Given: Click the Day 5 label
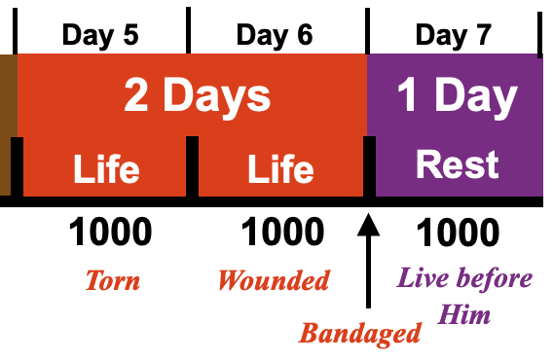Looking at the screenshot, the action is click(x=100, y=36).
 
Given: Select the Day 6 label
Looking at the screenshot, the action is click(x=275, y=36).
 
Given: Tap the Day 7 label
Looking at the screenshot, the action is click(x=454, y=36).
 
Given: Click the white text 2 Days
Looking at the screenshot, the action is click(x=197, y=95).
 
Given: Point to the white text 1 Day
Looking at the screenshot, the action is click(x=458, y=94).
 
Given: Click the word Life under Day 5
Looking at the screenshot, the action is click(x=106, y=169).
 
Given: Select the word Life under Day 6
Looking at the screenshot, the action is click(x=280, y=169).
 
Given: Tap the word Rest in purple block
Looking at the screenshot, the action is click(x=458, y=164).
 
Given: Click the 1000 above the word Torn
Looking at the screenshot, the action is click(x=110, y=232).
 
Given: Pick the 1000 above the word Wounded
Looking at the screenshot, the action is click(x=282, y=232).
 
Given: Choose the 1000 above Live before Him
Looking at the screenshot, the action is click(x=458, y=232).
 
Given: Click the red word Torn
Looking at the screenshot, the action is click(x=113, y=280).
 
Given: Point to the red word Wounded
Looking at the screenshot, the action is click(x=274, y=280).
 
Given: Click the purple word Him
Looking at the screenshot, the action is click(x=463, y=314).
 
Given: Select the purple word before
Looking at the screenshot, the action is click(x=495, y=278).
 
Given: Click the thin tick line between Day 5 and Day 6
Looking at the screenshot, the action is click(x=188, y=30).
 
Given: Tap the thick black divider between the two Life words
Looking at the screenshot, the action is click(x=192, y=166).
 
